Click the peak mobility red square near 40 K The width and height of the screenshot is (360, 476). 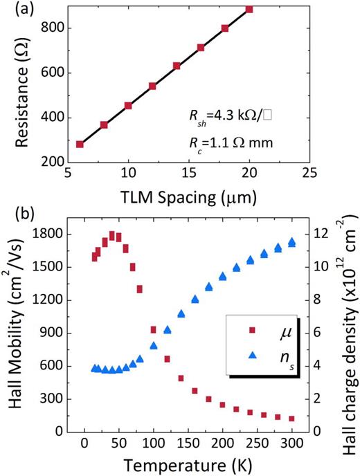tap(111, 235)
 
